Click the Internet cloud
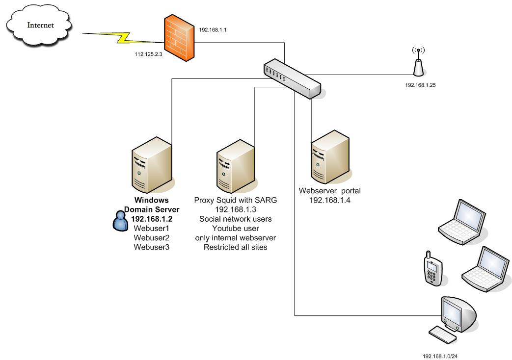[x=39, y=25]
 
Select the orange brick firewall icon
[x=179, y=38]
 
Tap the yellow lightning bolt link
[x=123, y=38]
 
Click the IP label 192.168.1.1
[x=213, y=30]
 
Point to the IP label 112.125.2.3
[x=148, y=54]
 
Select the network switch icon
[x=293, y=78]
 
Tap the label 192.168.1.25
[x=420, y=85]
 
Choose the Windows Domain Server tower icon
[x=152, y=165]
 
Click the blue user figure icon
[x=120, y=221]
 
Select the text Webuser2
[x=152, y=237]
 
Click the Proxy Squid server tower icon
[x=236, y=166]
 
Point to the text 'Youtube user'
[x=236, y=229]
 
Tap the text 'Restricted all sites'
[x=236, y=247]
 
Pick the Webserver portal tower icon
[x=330, y=157]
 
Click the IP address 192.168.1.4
[x=330, y=200]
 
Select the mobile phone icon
[x=433, y=269]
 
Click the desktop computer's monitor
[x=458, y=314]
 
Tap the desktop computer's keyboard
[x=443, y=334]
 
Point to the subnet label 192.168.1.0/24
[x=437, y=357]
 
